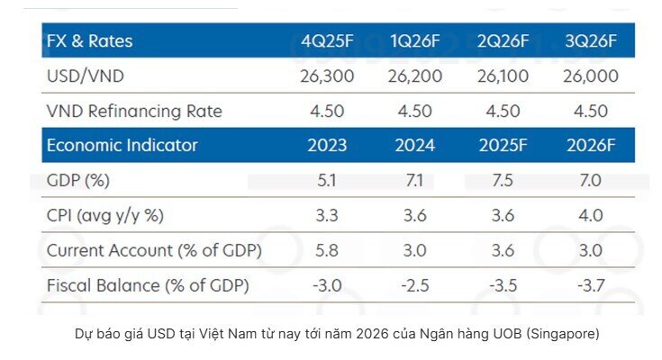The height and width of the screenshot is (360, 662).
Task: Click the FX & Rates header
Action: click(x=88, y=40)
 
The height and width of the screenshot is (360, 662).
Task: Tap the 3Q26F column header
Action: click(x=591, y=40)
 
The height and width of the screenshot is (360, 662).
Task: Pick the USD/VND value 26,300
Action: click(x=328, y=76)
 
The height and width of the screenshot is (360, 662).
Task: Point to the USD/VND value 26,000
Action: click(x=591, y=76)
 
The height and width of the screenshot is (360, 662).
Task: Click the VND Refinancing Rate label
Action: click(x=133, y=112)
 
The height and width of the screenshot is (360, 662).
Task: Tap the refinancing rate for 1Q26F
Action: click(x=415, y=112)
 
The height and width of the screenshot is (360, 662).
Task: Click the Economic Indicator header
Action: click(x=122, y=145)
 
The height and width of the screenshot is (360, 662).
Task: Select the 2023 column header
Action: click(x=328, y=145)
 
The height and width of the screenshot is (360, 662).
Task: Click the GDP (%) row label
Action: click(x=77, y=180)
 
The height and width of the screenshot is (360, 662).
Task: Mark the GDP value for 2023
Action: click(x=328, y=180)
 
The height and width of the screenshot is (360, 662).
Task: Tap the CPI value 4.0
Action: click(x=591, y=216)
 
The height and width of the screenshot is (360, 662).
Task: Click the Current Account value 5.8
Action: click(x=328, y=251)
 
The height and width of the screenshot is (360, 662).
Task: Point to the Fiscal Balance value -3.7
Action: click(x=591, y=286)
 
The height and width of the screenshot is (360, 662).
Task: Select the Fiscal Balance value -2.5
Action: click(x=415, y=286)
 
